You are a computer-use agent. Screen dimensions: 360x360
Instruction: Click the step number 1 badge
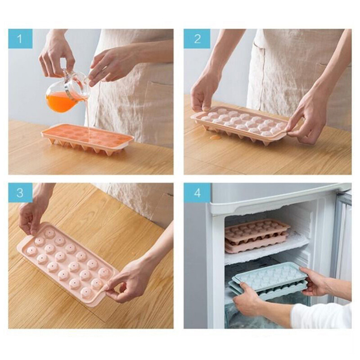[x=20, y=39]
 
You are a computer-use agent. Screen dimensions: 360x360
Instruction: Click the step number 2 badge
[x=197, y=39]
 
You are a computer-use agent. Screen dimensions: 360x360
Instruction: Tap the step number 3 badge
[x=20, y=193]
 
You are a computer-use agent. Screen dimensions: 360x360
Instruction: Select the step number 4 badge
[x=197, y=193]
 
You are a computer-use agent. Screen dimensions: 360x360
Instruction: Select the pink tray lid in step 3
[x=67, y=263]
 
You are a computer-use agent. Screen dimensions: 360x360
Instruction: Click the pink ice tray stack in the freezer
[x=256, y=235]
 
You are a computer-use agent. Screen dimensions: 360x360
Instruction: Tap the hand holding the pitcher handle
[x=56, y=56]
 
